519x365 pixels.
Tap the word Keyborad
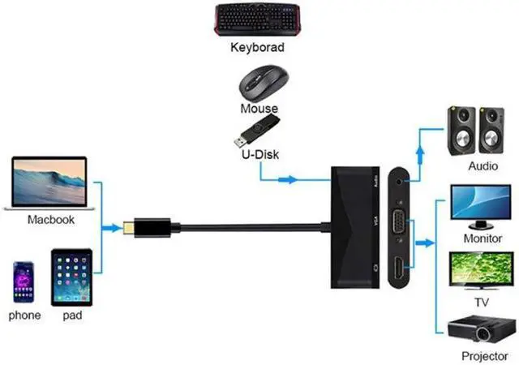pos(258,48)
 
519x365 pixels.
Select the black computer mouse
pos(259,83)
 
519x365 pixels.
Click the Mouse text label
pos(259,108)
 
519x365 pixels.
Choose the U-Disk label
pos(259,153)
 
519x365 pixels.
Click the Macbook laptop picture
pos(49,183)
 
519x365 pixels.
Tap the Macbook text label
pos(50,219)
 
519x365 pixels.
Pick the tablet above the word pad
pos(71,276)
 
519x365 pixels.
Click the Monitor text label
pos(482,240)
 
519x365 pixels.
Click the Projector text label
pos(484,356)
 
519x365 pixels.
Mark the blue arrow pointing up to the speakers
pos(420,147)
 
